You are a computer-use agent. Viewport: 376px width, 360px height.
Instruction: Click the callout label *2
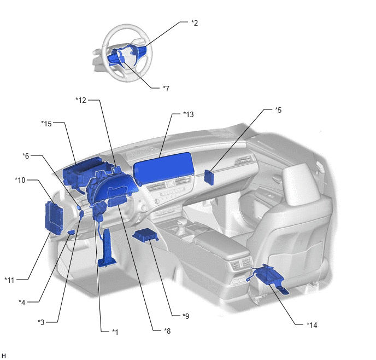(195, 23)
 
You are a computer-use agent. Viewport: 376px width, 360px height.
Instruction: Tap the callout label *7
(166, 89)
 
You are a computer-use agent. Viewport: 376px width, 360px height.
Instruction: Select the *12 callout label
(81, 100)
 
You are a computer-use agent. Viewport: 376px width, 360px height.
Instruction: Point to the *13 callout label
(189, 114)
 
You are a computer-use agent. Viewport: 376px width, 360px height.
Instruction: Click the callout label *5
(278, 110)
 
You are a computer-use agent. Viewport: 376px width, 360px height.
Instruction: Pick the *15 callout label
(46, 124)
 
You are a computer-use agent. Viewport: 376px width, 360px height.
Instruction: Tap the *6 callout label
(26, 156)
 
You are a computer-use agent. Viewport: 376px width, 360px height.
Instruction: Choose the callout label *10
(20, 180)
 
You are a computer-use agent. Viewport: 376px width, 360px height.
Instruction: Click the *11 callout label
(10, 280)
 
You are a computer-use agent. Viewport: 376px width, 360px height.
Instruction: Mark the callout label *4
(22, 303)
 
